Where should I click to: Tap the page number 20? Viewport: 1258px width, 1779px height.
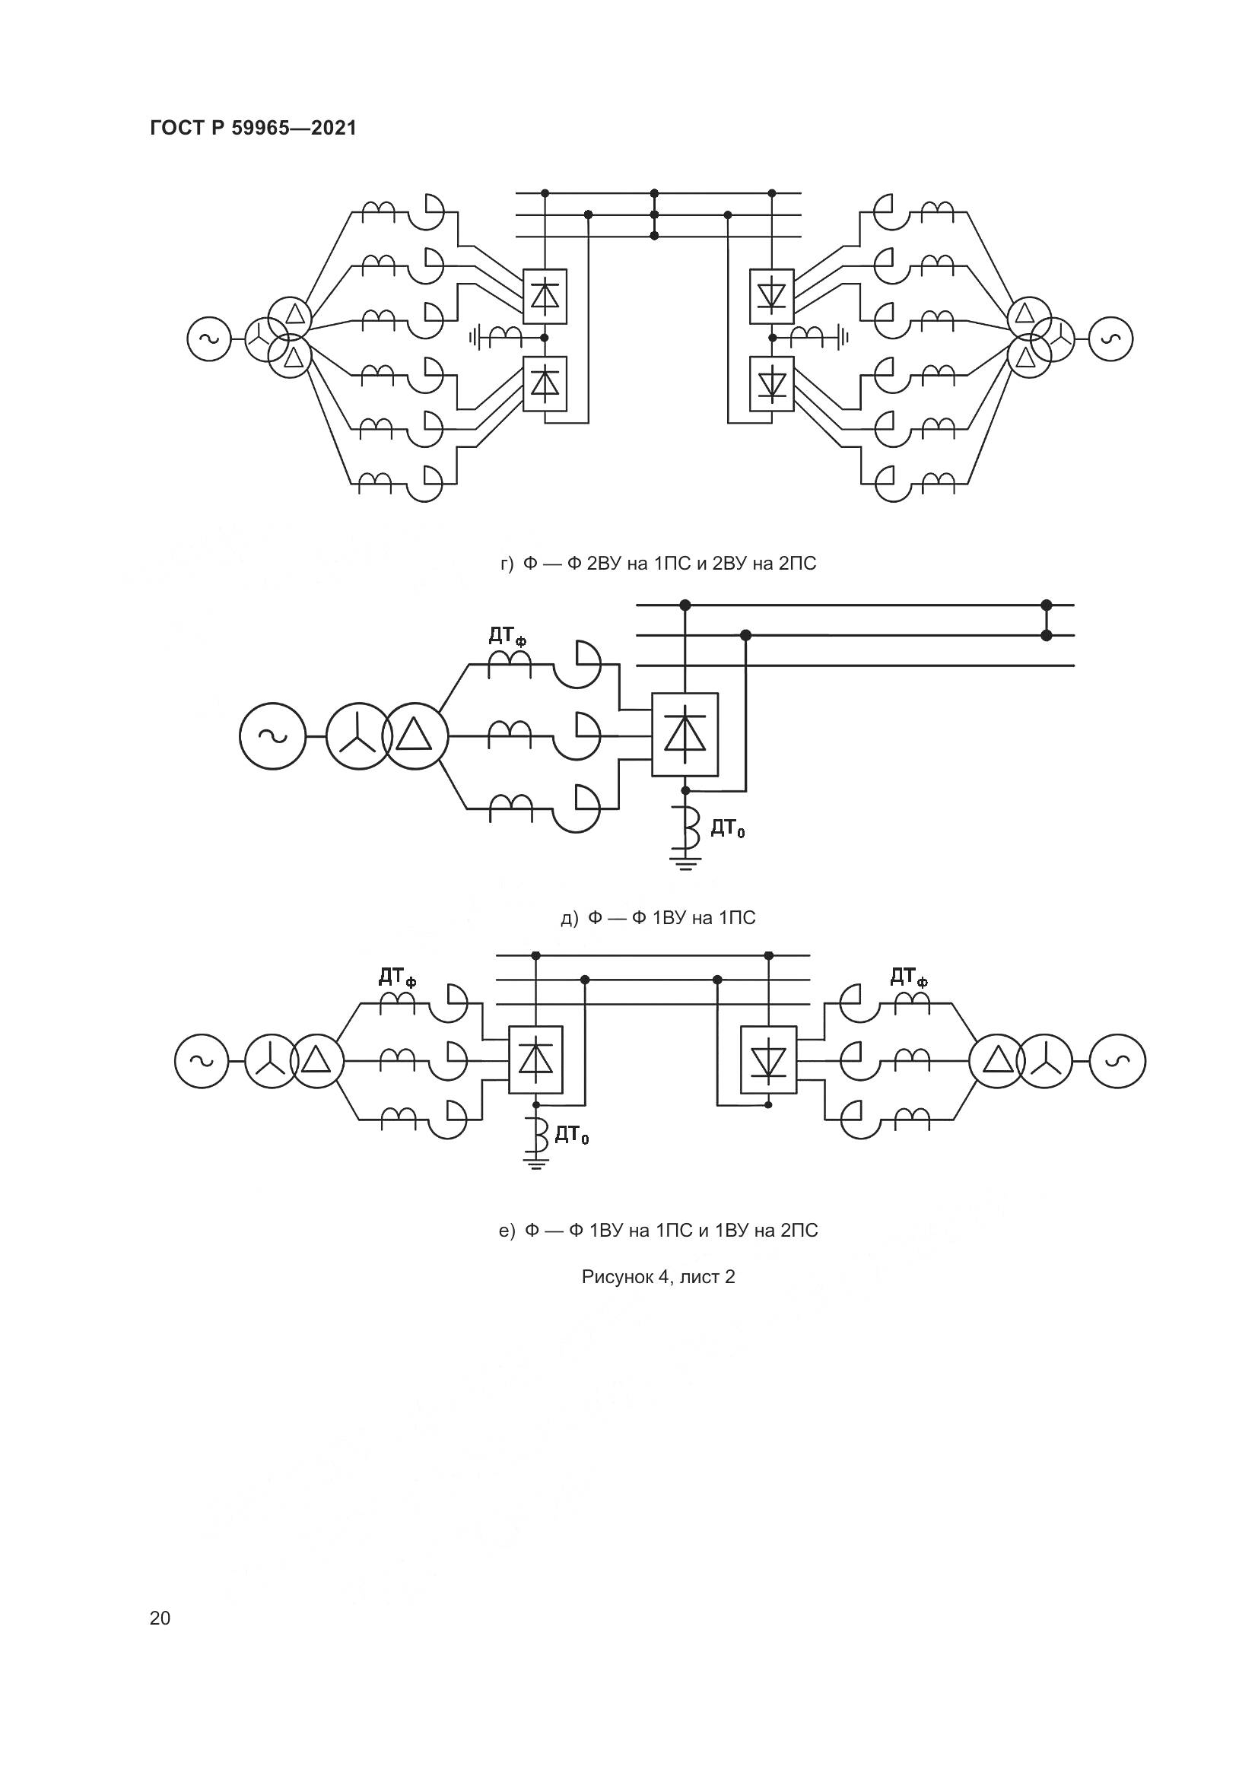point(160,1618)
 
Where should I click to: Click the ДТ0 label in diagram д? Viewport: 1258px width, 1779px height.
point(727,830)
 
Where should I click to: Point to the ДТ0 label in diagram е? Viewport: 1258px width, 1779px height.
point(572,1136)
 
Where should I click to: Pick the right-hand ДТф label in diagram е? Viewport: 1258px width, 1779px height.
point(909,977)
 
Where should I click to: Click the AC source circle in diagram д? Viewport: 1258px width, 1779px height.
point(273,736)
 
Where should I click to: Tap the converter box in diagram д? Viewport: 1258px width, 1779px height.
point(685,735)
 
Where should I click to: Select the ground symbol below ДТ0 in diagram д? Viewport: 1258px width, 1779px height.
point(685,862)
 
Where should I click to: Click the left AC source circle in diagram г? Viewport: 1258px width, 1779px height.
point(209,338)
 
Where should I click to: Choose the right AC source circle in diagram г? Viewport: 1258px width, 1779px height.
point(1110,338)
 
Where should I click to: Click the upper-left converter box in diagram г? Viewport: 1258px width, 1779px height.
point(545,296)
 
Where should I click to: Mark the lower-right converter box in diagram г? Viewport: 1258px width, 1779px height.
point(771,383)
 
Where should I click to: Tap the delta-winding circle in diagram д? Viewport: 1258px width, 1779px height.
point(415,736)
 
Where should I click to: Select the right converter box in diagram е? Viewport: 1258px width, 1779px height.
point(768,1061)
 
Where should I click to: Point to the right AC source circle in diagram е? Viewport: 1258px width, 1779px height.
point(1117,1062)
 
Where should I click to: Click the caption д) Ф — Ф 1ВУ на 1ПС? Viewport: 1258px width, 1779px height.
point(658,918)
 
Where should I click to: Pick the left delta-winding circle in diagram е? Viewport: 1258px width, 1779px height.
point(316,1062)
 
